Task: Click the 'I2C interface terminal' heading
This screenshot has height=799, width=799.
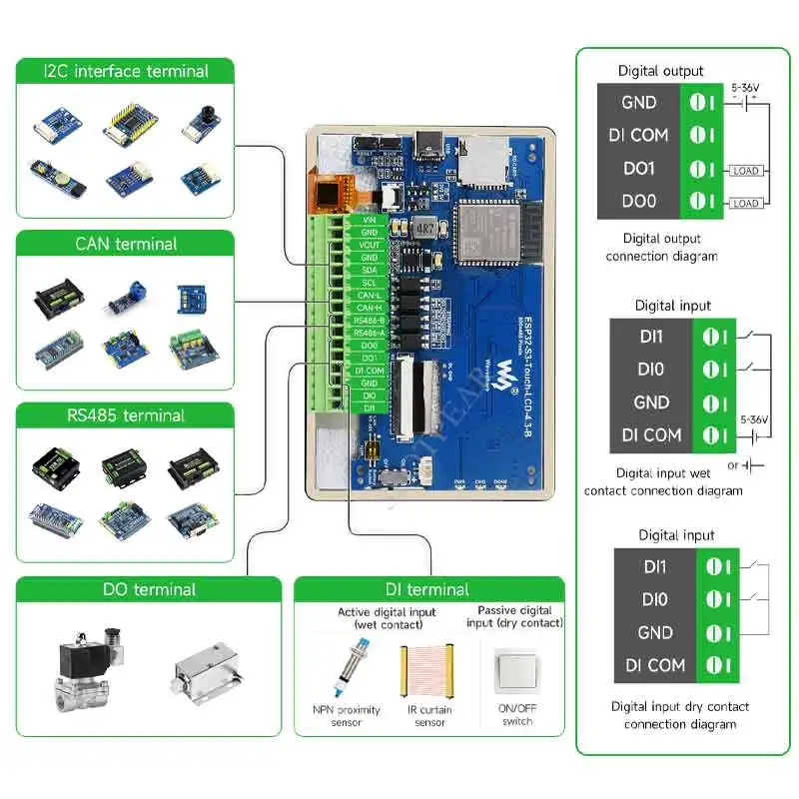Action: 126,71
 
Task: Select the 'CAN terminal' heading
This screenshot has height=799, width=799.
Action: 126,244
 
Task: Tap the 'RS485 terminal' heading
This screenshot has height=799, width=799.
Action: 126,415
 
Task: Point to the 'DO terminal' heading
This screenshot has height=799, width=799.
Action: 149,589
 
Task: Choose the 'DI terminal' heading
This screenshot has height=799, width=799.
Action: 429,589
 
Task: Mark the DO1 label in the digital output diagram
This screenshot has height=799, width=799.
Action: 638,168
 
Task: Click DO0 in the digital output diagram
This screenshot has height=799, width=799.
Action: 638,201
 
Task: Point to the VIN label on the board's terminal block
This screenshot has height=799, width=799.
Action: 369,219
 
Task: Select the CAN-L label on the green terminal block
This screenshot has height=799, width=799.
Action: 369,295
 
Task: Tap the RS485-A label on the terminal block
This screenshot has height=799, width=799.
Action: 369,333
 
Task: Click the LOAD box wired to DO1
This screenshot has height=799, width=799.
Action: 745,171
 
